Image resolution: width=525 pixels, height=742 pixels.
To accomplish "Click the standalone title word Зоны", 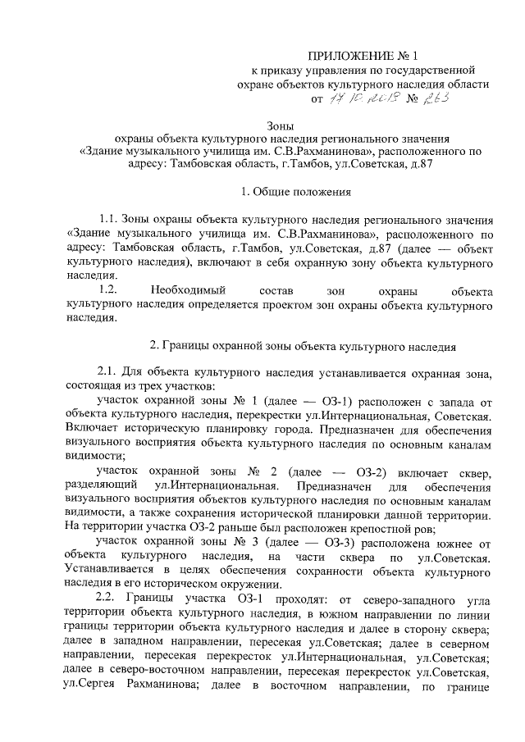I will click(282, 125).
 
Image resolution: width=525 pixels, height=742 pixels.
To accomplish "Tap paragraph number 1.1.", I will click(108, 221).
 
